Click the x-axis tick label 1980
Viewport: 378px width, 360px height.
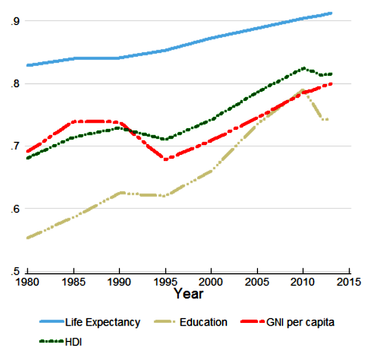27,283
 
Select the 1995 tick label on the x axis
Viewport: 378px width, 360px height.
165,283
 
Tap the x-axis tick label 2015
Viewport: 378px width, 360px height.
349,283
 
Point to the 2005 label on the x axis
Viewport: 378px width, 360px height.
257,283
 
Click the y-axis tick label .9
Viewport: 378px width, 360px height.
15,21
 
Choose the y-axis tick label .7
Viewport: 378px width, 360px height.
15,146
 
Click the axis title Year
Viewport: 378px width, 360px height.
188,295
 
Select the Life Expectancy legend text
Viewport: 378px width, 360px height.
103,322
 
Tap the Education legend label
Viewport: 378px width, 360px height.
203,322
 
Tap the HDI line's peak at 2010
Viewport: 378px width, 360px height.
303,68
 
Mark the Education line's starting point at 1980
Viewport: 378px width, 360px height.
27,238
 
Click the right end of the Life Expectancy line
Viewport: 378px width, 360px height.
331,13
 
